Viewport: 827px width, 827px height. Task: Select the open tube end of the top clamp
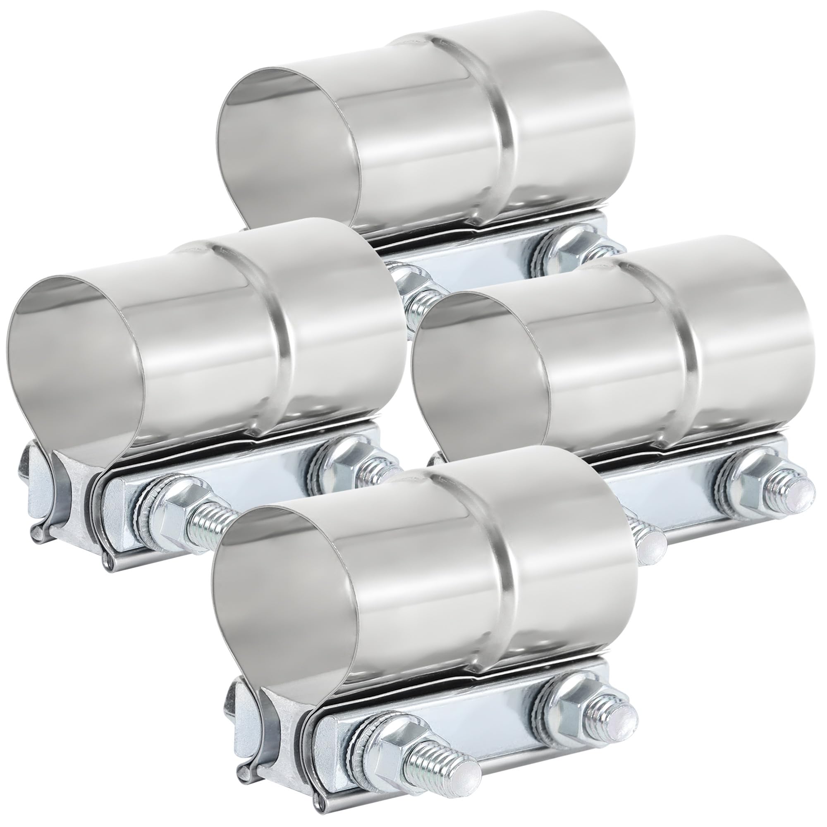point(287,146)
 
